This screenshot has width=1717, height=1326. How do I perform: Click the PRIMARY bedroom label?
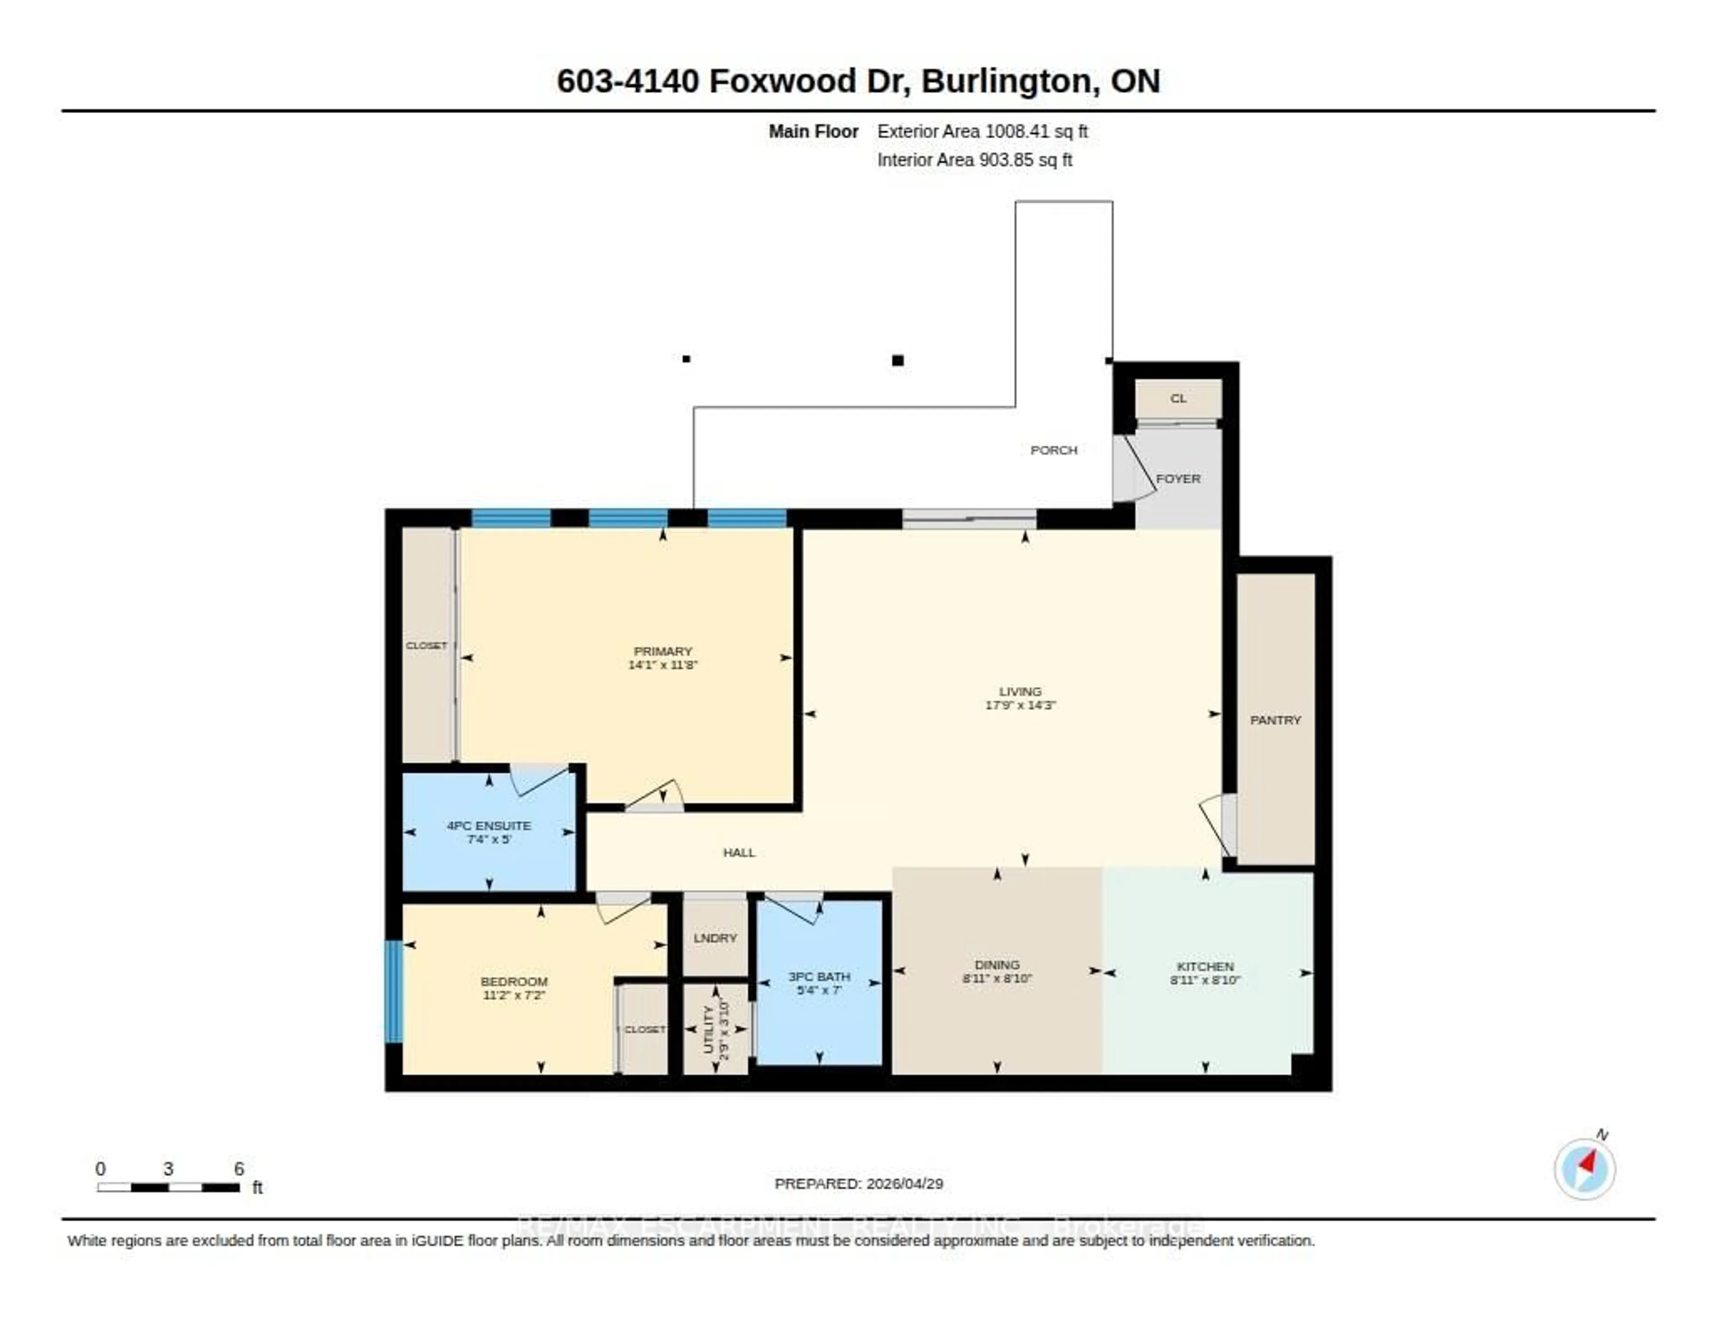point(663,651)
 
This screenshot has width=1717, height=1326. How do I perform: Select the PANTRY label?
point(1275,720)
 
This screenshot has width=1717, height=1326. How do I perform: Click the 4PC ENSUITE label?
point(489,825)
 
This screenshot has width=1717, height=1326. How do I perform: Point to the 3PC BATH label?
point(819,976)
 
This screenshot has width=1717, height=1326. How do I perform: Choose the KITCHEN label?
point(1205,966)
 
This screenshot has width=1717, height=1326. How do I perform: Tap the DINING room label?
point(997,964)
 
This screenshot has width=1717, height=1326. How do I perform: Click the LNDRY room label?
point(715,937)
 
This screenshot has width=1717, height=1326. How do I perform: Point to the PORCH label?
point(1053,450)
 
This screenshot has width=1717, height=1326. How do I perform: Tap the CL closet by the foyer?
point(1178,398)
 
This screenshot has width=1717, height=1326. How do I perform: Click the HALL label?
point(739,852)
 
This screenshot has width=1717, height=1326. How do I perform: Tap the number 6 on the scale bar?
point(239,1169)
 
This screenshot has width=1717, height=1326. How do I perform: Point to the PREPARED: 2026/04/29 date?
point(858,1184)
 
